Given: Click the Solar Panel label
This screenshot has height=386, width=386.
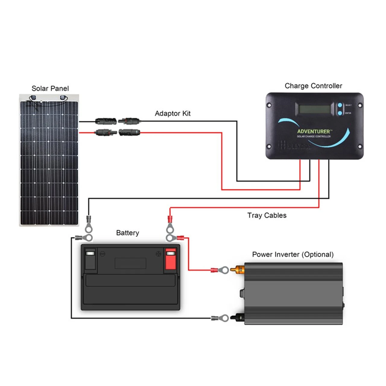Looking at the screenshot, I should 50,88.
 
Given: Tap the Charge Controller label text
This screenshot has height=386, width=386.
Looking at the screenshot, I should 313,86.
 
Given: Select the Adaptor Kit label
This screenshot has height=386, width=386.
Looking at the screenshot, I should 172,113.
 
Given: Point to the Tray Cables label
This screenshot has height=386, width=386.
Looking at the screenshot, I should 267,215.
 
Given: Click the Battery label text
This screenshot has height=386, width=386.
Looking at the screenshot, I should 128,233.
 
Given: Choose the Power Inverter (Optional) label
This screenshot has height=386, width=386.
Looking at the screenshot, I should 293,255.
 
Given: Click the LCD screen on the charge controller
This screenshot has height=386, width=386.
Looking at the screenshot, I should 312,109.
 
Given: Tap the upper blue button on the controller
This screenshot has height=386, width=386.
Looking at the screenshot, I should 340,105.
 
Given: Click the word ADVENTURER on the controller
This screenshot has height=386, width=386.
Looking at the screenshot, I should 314,131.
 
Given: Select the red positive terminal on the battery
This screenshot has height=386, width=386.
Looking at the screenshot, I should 170,259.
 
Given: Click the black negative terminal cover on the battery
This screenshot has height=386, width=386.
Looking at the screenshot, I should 90,259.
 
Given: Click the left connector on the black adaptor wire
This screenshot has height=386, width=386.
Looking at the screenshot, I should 106,122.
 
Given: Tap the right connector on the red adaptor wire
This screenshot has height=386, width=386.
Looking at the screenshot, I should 129,132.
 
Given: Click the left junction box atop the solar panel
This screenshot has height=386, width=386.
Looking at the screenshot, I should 33,97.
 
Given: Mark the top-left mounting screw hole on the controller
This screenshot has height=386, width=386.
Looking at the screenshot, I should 269,105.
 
